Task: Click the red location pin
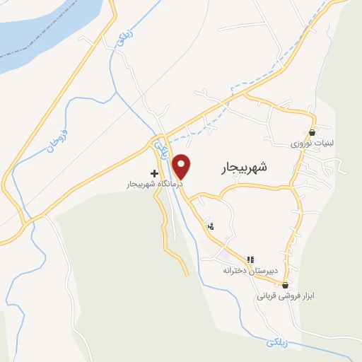click(182, 165)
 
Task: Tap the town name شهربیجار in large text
click(240, 168)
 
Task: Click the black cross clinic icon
click(154, 173)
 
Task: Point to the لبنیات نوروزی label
click(312, 143)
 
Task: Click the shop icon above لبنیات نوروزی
click(312, 132)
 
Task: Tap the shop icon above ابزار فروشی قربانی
click(286, 286)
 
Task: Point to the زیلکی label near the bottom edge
click(279, 343)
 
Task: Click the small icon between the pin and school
click(211, 226)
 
